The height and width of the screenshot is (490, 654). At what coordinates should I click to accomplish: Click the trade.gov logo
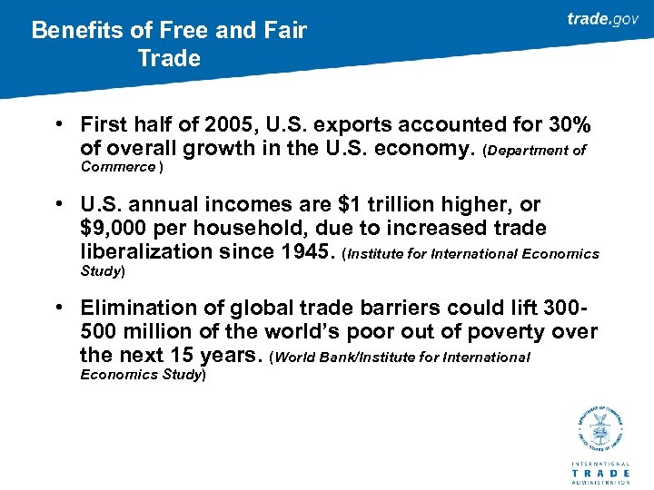[602, 19]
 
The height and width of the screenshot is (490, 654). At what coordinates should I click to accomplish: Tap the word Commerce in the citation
[118, 167]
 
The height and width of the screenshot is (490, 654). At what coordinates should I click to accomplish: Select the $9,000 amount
[113, 229]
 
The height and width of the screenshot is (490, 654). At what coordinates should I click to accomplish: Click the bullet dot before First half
[56, 124]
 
